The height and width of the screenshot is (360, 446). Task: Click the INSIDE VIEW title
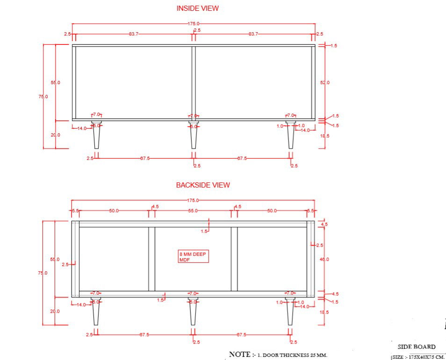click(x=197, y=8)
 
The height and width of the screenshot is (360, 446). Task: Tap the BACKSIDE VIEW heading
click(x=203, y=185)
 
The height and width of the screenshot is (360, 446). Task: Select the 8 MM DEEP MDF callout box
click(x=193, y=256)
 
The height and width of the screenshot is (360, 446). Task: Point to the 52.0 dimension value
click(x=325, y=82)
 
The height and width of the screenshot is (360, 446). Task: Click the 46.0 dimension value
click(x=325, y=259)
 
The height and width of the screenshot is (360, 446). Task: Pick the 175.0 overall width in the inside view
click(x=194, y=23)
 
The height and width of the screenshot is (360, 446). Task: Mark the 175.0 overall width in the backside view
click(x=194, y=200)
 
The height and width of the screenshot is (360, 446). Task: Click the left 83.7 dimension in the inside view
click(x=133, y=34)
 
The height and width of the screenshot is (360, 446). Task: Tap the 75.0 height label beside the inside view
click(x=43, y=96)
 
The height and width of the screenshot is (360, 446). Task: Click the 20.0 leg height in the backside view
click(x=55, y=311)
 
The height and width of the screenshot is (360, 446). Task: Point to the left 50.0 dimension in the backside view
click(x=114, y=211)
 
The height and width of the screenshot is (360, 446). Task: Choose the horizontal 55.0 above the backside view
click(x=193, y=211)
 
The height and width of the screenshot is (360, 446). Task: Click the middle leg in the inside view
click(x=194, y=136)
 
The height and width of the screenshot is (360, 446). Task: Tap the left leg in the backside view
click(x=96, y=312)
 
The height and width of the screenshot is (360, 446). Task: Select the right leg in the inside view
click(x=290, y=136)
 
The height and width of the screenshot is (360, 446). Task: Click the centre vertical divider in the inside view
click(x=194, y=82)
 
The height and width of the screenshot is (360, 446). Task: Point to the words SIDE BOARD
click(x=417, y=347)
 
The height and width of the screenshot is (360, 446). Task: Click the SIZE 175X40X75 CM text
click(x=417, y=357)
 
